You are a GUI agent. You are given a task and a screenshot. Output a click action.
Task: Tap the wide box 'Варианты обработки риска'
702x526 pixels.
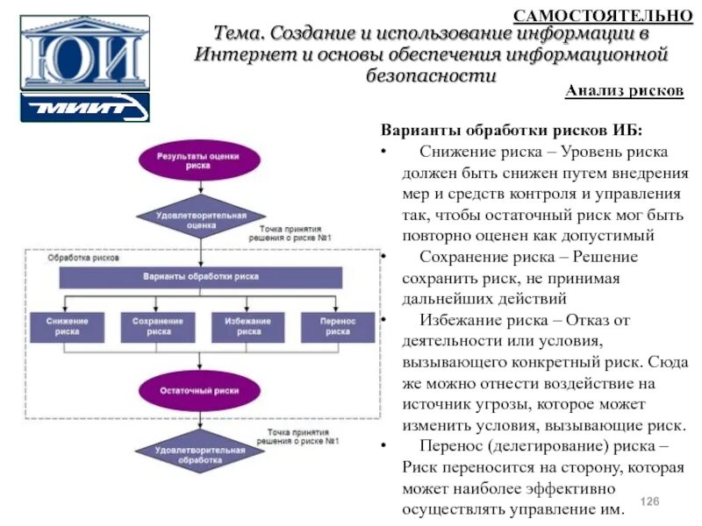[201, 277]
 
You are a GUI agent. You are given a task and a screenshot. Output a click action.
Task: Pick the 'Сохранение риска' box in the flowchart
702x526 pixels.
[158, 327]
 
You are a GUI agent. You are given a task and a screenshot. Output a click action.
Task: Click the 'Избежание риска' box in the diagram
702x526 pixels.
[247, 327]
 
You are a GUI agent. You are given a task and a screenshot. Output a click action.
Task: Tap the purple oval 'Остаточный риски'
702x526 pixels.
[200, 390]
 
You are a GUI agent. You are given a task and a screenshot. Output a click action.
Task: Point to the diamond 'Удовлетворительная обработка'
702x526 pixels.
[200, 454]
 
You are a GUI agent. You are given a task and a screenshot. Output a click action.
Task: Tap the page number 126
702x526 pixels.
[648, 501]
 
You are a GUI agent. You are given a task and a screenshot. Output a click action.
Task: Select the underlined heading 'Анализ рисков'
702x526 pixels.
[624, 91]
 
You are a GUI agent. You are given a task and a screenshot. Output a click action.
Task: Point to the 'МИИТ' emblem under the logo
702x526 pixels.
[84, 108]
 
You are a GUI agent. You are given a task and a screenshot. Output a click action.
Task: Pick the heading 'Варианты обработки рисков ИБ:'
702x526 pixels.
[511, 131]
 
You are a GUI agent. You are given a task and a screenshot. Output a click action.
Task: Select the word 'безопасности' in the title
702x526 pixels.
[431, 75]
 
